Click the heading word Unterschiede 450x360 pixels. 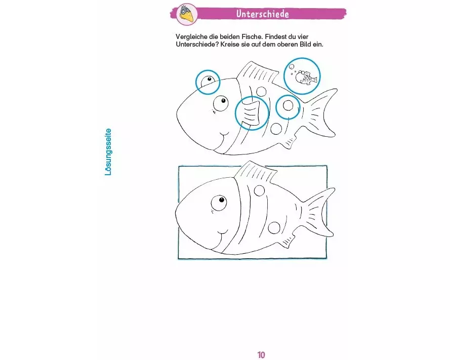coord(262,14)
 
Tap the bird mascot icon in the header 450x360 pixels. coord(187,14)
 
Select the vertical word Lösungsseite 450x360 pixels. coord(108,152)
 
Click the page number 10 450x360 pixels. coord(261,355)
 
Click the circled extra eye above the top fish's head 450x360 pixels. coord(208,81)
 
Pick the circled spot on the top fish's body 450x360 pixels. coord(288,106)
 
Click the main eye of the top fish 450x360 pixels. coord(220,103)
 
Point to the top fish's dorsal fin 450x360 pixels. coord(257,73)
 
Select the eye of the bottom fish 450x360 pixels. coord(219,203)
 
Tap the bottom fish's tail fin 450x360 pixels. coord(318,212)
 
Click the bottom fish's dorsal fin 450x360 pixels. coord(256,172)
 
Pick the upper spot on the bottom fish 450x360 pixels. coord(260,190)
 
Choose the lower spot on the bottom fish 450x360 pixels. coord(274,228)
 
